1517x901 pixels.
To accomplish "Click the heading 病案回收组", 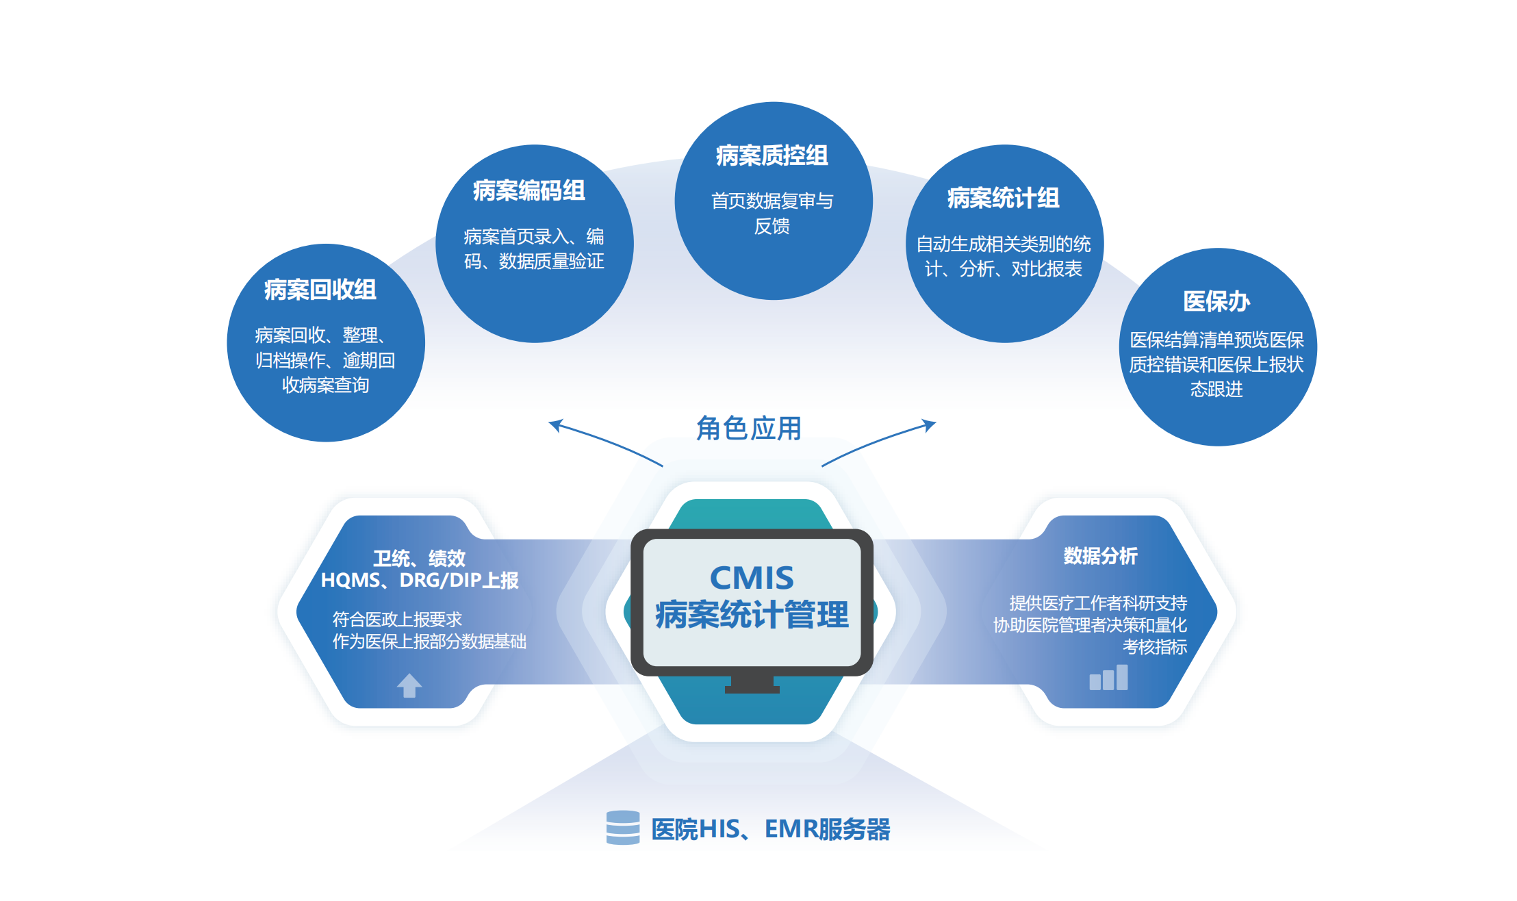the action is click(320, 290).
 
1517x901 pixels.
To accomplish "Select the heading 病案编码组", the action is click(529, 190).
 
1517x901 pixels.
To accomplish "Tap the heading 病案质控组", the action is click(772, 155).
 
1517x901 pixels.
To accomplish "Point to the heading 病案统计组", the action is click(1004, 198).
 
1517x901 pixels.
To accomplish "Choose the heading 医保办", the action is click(1216, 301).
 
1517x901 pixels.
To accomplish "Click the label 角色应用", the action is click(749, 429).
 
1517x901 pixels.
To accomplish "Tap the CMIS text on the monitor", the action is click(752, 578).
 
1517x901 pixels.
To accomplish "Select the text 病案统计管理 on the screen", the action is click(752, 614).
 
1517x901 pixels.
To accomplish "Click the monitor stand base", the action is click(752, 689).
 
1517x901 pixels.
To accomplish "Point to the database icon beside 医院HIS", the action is click(623, 828).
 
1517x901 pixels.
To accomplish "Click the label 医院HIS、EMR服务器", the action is click(771, 829).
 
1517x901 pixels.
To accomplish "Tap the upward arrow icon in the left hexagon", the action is click(409, 685).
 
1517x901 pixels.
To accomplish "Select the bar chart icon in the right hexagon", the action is click(1108, 677).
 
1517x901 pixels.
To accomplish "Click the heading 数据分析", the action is click(1101, 556).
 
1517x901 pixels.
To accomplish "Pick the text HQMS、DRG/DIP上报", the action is click(420, 581).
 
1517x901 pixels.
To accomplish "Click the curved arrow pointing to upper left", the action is click(605, 441).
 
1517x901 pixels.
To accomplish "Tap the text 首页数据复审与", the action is click(772, 201).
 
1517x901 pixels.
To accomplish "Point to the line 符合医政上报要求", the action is click(398, 620).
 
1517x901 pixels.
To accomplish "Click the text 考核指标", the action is click(1155, 647).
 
